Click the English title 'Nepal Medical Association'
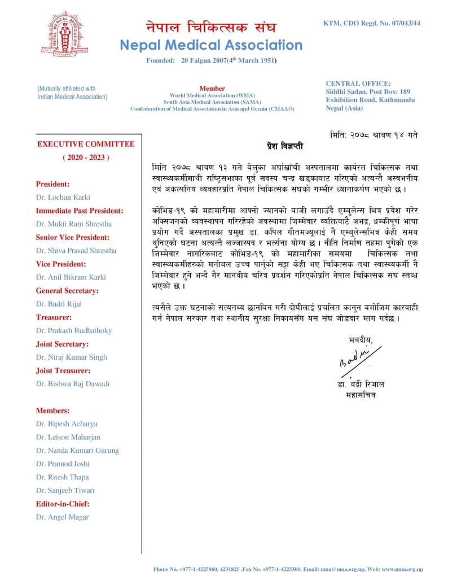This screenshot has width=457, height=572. [x=211, y=45]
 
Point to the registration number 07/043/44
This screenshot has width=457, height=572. [x=405, y=23]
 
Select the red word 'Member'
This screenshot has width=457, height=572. [x=212, y=89]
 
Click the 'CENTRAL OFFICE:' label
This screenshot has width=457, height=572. [x=358, y=84]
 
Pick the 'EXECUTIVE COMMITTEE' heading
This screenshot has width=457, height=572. [x=86, y=144]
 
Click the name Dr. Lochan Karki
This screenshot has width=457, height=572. [x=63, y=197]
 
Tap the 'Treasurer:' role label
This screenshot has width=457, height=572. [x=54, y=317]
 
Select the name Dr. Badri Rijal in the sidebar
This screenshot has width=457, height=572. [x=59, y=304]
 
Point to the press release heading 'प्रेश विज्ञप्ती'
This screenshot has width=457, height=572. [x=285, y=147]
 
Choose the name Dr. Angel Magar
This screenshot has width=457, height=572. [x=62, y=517]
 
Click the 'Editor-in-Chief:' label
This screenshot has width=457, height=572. [x=63, y=504]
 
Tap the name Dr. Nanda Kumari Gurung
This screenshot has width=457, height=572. [x=77, y=451]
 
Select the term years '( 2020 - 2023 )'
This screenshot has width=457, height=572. [x=86, y=158]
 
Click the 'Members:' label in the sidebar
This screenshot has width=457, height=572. [x=52, y=411]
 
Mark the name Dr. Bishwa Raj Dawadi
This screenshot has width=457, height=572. [x=73, y=384]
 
